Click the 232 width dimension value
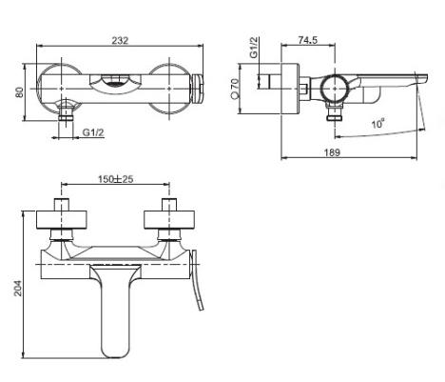click(x=120, y=41)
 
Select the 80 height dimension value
click(x=20, y=92)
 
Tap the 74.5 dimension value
click(x=307, y=40)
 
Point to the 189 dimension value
click(x=332, y=152)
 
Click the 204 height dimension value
click(x=18, y=288)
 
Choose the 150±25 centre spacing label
click(x=115, y=179)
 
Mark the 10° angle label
click(x=378, y=123)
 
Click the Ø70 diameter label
click(x=235, y=89)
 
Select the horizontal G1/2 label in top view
click(x=93, y=132)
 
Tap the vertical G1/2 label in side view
click(x=254, y=48)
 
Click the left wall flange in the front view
click(x=62, y=219)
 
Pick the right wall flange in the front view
click(x=169, y=219)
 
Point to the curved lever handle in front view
click(x=197, y=279)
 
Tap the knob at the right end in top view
click(x=197, y=89)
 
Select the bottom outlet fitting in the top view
click(x=66, y=111)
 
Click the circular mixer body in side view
click(x=335, y=89)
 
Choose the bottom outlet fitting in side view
click(x=335, y=113)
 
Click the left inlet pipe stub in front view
click(x=62, y=205)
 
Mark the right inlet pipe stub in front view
click(x=169, y=205)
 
